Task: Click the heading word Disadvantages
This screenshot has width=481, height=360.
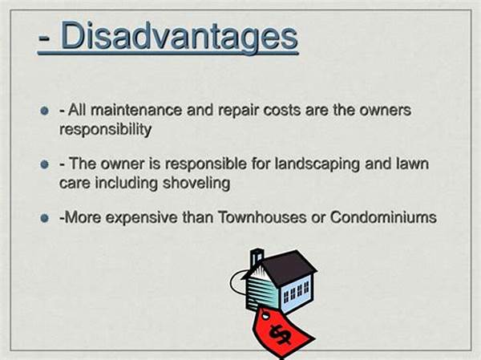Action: pyautogui.click(x=180, y=36)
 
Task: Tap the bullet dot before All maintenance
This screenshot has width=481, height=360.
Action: pyautogui.click(x=45, y=110)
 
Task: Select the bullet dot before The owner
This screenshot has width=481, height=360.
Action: pyautogui.click(x=45, y=164)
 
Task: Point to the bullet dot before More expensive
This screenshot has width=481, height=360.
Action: pyautogui.click(x=45, y=218)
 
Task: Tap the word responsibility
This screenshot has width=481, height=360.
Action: pyautogui.click(x=105, y=130)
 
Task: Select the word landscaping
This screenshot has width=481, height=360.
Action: pyautogui.click(x=317, y=164)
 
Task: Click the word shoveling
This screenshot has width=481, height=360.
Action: pyautogui.click(x=196, y=184)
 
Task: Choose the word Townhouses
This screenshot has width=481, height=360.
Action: pyautogui.click(x=262, y=217)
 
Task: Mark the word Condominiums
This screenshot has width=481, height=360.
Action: pyautogui.click(x=383, y=217)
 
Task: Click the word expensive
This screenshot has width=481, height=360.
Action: pyautogui.click(x=141, y=219)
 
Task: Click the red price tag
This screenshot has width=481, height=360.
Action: pyautogui.click(x=282, y=331)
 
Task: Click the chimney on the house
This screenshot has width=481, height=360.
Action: pyautogui.click(x=257, y=257)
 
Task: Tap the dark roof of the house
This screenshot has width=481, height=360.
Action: pyautogui.click(x=287, y=268)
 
